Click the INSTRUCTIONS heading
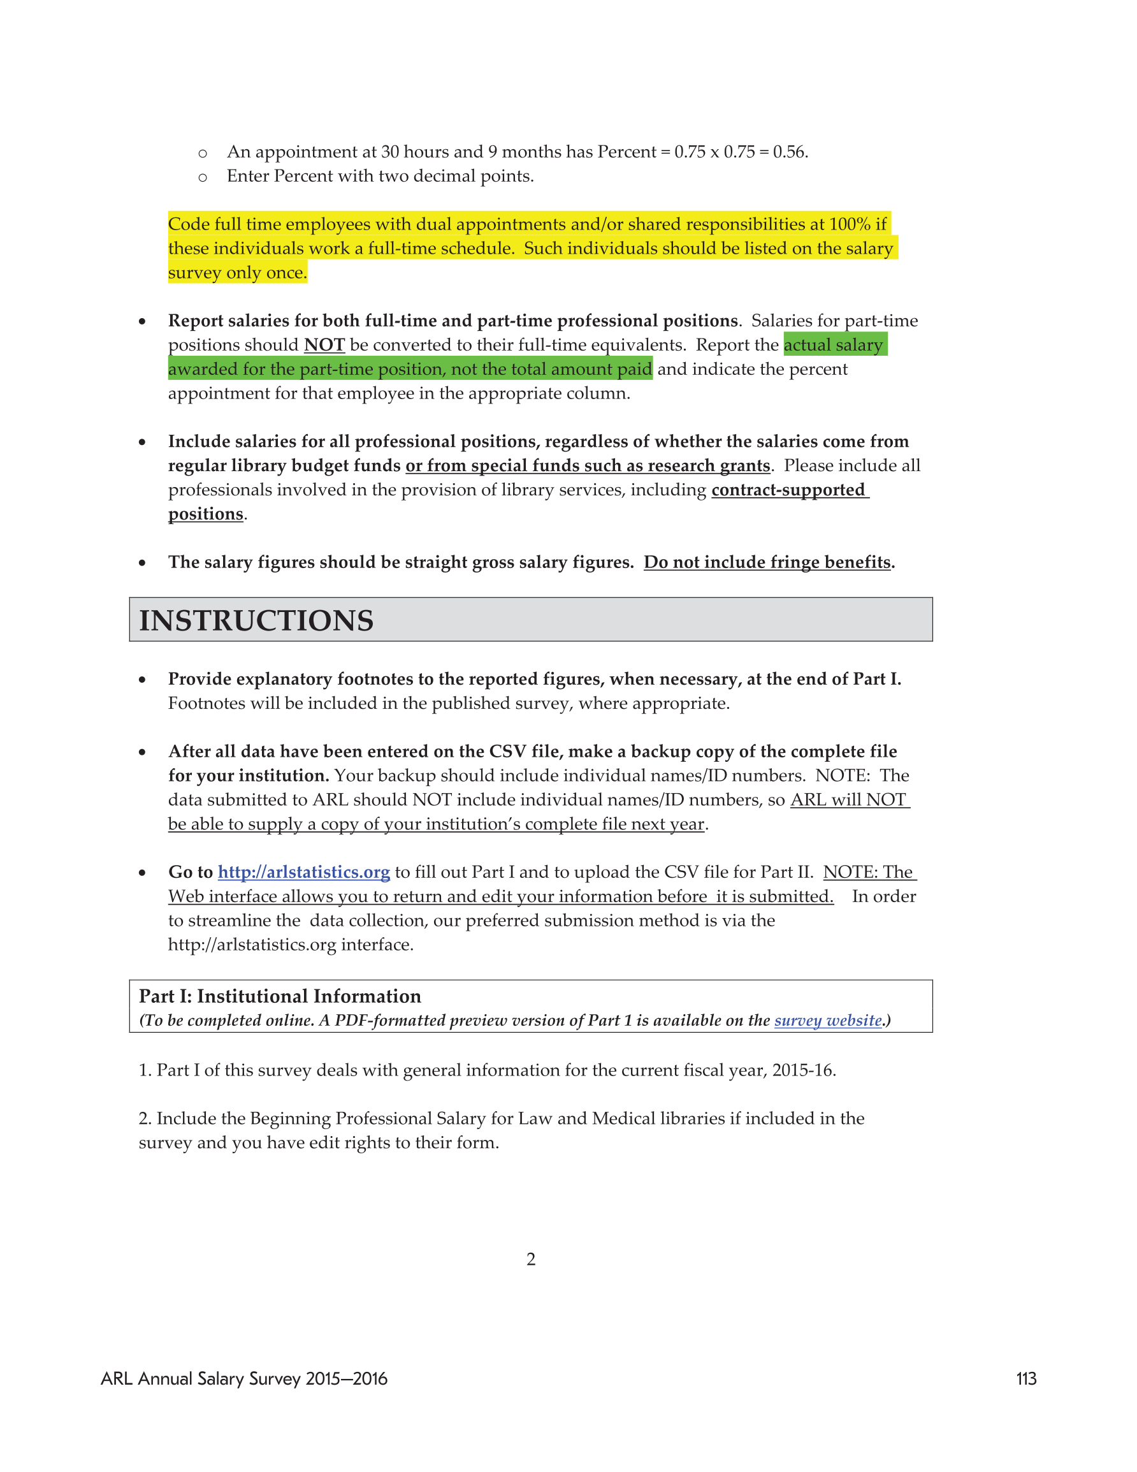point(256,620)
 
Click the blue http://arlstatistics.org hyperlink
point(303,872)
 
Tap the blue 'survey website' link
point(828,1021)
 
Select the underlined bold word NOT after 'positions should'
point(324,345)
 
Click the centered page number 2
point(531,1259)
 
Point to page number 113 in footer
point(1026,1379)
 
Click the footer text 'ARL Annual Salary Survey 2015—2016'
point(244,1379)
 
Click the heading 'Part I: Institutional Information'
point(280,996)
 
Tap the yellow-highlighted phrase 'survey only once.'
point(237,273)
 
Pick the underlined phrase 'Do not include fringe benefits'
point(767,562)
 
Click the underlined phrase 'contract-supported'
point(788,490)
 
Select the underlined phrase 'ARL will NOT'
point(848,800)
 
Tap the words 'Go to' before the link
point(190,872)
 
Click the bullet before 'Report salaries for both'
point(142,321)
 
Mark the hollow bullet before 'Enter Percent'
point(202,177)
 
